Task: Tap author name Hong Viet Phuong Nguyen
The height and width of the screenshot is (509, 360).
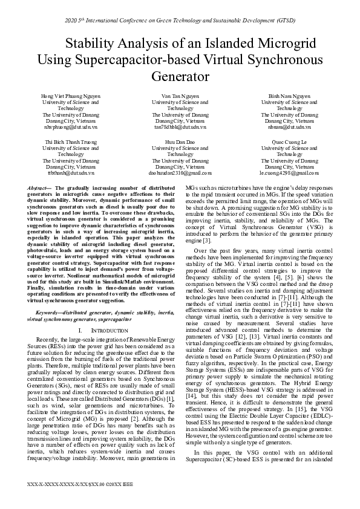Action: [71, 96]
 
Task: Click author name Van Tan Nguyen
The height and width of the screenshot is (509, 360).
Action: [180, 96]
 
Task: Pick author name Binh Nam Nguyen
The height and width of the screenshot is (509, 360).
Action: [289, 96]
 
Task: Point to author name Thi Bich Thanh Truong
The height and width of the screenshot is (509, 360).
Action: [71, 141]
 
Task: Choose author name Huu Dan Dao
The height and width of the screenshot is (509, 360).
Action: [180, 141]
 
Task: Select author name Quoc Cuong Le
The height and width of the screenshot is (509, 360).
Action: [289, 141]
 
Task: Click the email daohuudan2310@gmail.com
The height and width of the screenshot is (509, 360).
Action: [180, 173]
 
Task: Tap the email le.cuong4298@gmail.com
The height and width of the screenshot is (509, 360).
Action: [289, 173]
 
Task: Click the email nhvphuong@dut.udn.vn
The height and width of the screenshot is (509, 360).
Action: [71, 128]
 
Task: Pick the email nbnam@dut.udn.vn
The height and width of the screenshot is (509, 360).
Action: [289, 128]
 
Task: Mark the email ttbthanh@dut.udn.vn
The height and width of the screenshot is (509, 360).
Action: [71, 173]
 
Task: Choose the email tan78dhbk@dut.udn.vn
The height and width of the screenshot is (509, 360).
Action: [180, 128]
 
